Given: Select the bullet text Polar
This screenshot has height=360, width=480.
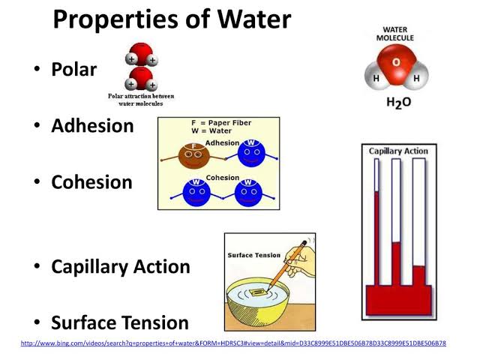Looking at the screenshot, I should [x=74, y=70].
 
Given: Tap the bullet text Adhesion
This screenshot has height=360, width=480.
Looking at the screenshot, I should [x=92, y=126].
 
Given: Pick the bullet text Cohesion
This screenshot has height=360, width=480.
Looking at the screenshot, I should [x=91, y=182].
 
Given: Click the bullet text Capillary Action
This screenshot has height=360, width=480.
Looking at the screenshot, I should [x=120, y=266].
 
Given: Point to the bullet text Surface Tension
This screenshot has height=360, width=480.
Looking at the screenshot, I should [x=119, y=323].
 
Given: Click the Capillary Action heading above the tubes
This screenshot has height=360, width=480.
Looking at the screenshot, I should [x=398, y=151].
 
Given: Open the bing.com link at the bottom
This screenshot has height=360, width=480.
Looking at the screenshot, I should [x=233, y=343].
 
